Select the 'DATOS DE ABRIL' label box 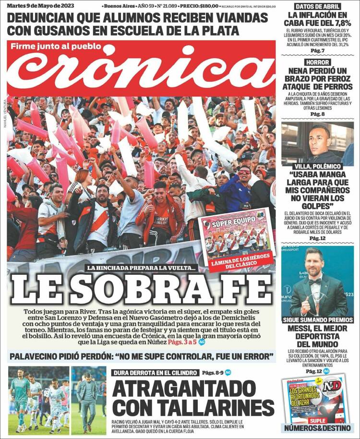318,7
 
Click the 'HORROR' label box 317,62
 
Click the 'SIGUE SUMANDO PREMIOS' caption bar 317,319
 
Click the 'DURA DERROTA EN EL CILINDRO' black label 155,373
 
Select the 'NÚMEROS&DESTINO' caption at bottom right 317,428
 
